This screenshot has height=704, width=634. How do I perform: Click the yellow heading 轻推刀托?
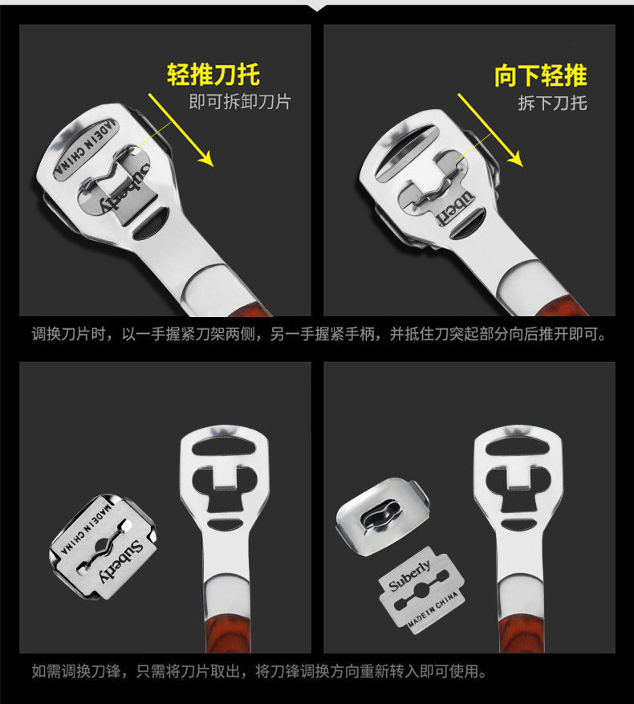(213, 75)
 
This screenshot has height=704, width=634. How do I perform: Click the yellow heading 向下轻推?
(541, 75)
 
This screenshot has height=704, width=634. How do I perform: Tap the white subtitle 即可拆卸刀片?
(240, 102)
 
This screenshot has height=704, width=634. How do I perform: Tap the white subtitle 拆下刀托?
(552, 103)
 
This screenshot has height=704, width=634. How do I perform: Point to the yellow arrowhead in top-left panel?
(206, 159)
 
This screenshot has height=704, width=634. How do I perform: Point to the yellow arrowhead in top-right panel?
(516, 159)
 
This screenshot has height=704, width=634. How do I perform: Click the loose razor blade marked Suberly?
(422, 590)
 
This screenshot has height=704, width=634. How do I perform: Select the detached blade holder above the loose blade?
(383, 516)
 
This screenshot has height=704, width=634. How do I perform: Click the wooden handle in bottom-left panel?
(227, 633)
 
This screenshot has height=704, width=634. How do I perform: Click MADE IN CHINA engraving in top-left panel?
(85, 148)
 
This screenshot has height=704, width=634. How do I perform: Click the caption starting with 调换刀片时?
(319, 335)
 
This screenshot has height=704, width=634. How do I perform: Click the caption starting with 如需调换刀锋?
(259, 672)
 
